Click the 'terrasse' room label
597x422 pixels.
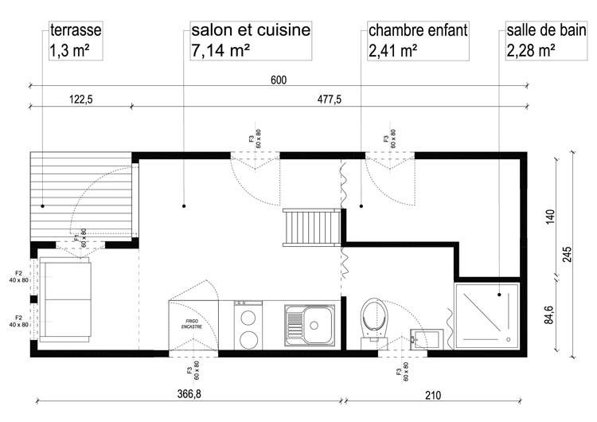click(74, 32)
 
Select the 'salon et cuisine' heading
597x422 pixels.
click(250, 32)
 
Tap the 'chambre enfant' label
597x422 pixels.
click(417, 32)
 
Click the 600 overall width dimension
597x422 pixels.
click(278, 80)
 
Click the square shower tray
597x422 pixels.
click(486, 315)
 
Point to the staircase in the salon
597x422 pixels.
click(311, 228)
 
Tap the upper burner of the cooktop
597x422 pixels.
click(248, 315)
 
